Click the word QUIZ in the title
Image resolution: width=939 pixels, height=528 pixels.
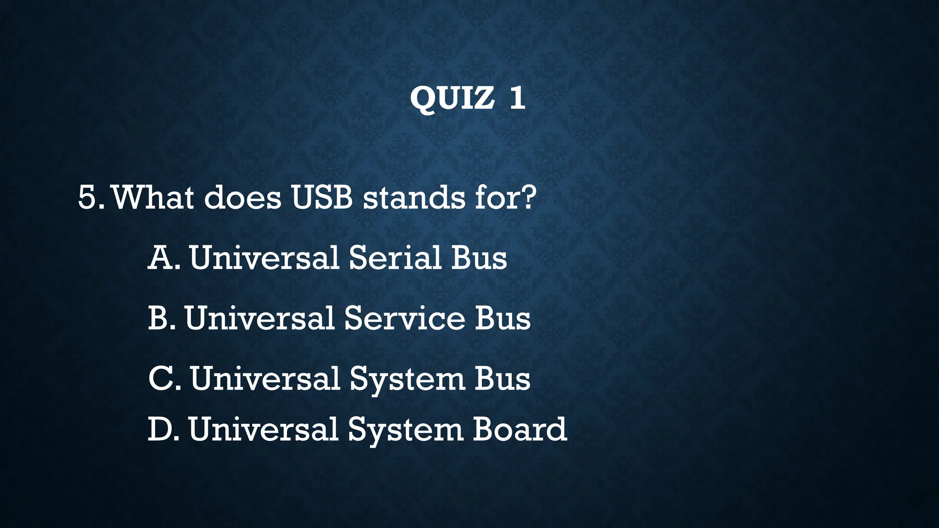click(x=452, y=98)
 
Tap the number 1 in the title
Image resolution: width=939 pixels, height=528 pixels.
click(x=517, y=98)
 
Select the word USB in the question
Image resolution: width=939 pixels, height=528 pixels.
click(x=322, y=198)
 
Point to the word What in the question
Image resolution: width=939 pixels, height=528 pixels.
click(x=153, y=198)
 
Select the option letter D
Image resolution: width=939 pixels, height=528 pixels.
click(x=160, y=429)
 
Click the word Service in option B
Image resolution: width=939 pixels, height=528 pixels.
click(x=404, y=319)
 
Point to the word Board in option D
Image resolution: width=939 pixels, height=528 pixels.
click(x=519, y=429)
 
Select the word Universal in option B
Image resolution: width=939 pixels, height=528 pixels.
click(x=260, y=319)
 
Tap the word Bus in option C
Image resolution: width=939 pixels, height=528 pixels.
click(x=502, y=379)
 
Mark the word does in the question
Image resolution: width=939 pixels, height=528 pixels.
click(x=243, y=198)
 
